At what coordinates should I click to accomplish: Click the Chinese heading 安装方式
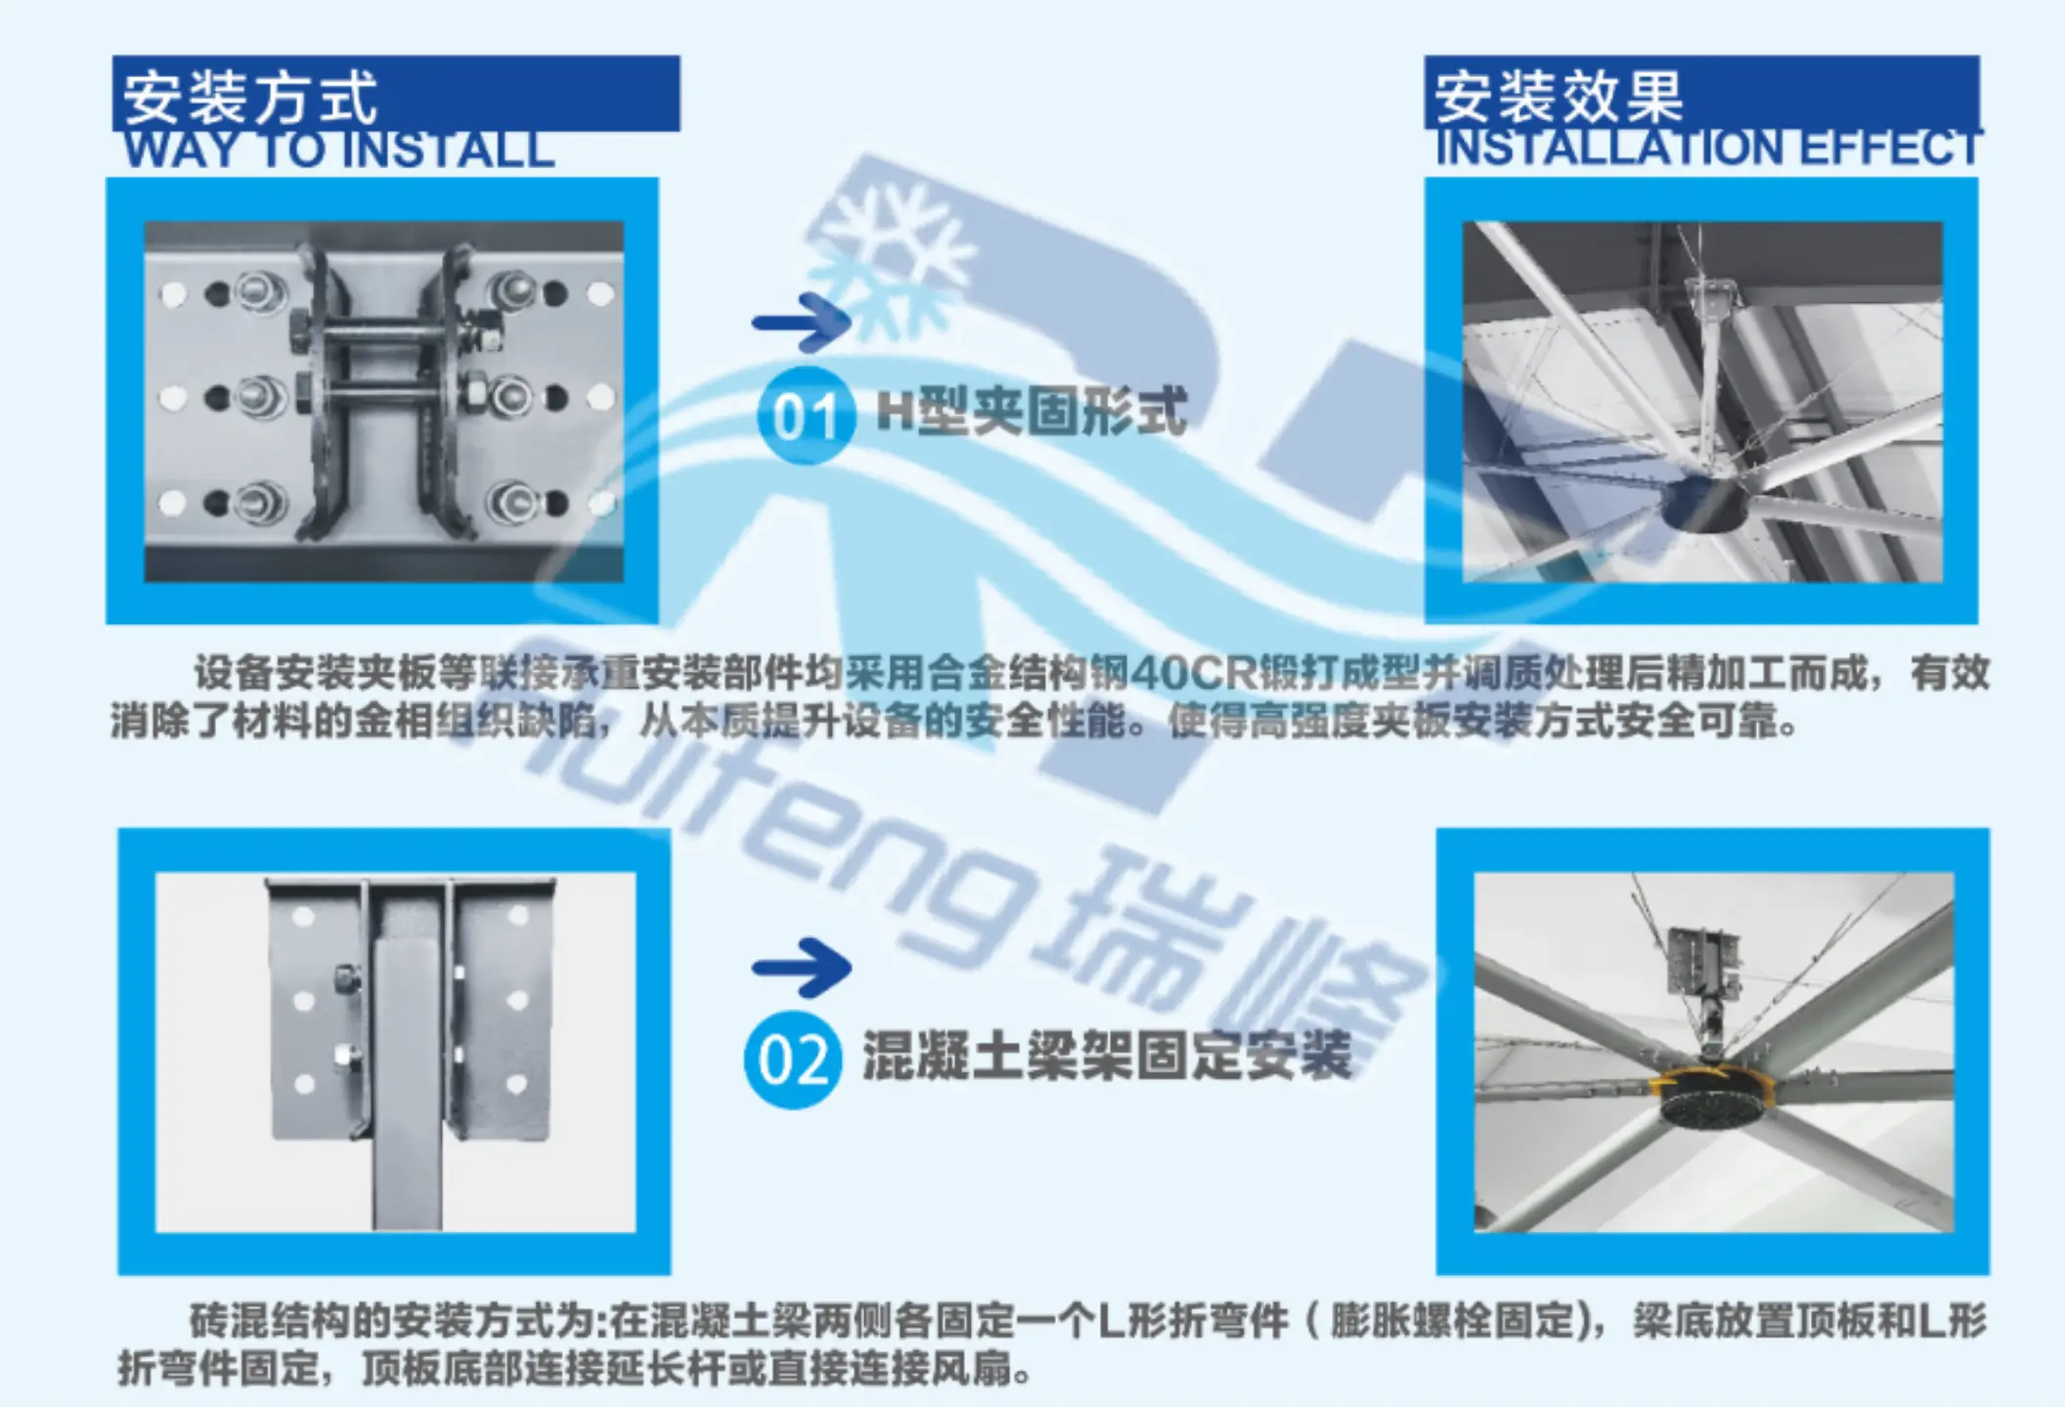[249, 97]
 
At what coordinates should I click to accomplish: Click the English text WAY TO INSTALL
[339, 150]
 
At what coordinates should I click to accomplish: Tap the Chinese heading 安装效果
[1559, 97]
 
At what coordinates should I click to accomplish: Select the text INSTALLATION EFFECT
[1708, 148]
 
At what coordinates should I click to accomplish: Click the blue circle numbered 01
[806, 416]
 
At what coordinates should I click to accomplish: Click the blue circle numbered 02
[793, 1060]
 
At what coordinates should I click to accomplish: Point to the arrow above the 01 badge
[801, 322]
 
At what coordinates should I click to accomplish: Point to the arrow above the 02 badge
[801, 967]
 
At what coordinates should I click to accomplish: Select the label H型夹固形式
[1032, 411]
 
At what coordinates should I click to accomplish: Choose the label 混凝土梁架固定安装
[1107, 1056]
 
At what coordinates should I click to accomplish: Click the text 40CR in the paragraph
[1193, 673]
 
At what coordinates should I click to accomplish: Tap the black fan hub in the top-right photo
[1703, 504]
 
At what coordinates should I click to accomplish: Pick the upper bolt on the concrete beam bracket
[345, 979]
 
